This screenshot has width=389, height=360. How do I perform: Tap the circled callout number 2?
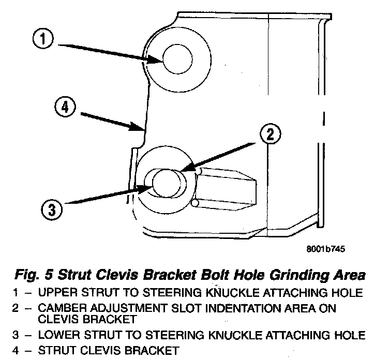point(268,136)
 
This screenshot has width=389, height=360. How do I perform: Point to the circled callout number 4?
point(64,109)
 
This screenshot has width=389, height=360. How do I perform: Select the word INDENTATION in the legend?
point(235,308)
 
